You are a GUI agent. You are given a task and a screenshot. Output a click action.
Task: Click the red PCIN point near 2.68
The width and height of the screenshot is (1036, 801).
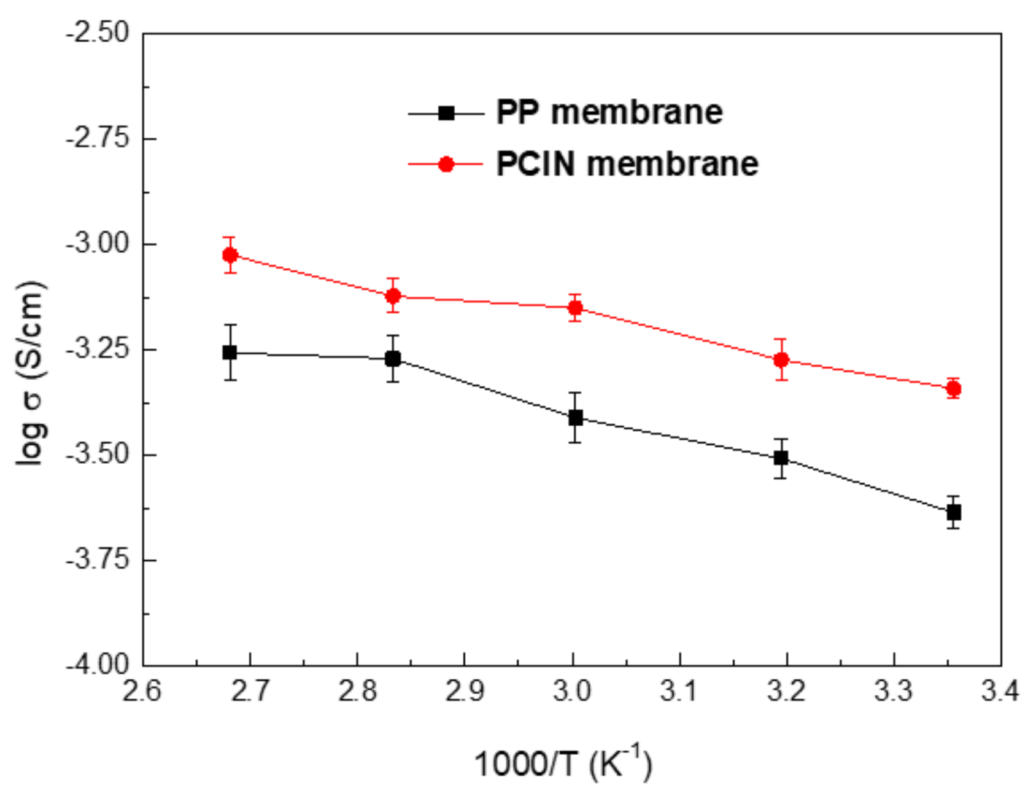230,255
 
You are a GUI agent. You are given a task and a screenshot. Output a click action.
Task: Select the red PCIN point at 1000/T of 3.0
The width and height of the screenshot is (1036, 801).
575,308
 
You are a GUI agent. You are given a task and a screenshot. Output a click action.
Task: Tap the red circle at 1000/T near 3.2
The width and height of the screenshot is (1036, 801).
781,360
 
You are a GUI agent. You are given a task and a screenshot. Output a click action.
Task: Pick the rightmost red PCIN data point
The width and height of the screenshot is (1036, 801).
953,389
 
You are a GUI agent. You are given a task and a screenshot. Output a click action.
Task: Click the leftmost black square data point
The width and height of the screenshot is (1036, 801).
230,353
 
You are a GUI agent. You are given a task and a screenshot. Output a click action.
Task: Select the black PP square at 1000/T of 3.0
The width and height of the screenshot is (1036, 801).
575,418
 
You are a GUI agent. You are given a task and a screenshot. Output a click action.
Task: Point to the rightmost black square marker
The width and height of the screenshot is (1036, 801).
953,512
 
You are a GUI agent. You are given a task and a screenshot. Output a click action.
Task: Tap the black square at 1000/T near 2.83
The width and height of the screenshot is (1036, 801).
393,359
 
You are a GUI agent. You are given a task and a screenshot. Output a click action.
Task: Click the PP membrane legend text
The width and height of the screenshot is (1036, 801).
609,112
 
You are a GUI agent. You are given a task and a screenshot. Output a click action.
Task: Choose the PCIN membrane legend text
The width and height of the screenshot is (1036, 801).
627,164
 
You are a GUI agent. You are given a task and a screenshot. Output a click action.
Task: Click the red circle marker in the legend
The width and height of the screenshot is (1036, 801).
446,165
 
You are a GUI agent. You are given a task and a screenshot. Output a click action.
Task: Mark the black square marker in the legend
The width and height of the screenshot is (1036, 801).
446,113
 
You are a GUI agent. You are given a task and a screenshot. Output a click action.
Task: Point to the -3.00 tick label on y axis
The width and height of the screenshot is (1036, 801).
98,243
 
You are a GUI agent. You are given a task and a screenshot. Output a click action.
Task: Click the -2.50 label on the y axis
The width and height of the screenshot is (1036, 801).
98,33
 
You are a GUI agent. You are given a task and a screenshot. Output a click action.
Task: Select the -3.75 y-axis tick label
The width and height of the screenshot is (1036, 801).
98,560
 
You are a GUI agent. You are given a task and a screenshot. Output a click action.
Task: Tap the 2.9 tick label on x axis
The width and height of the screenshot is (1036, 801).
464,691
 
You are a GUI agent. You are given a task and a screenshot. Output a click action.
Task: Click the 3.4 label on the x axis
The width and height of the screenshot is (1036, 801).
1000,691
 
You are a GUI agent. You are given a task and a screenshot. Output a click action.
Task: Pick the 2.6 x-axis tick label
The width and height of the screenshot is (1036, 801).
142,691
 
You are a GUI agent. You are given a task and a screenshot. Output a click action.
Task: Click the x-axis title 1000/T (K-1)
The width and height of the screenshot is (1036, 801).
562,764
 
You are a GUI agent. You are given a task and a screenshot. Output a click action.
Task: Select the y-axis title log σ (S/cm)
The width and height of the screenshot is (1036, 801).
30,373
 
